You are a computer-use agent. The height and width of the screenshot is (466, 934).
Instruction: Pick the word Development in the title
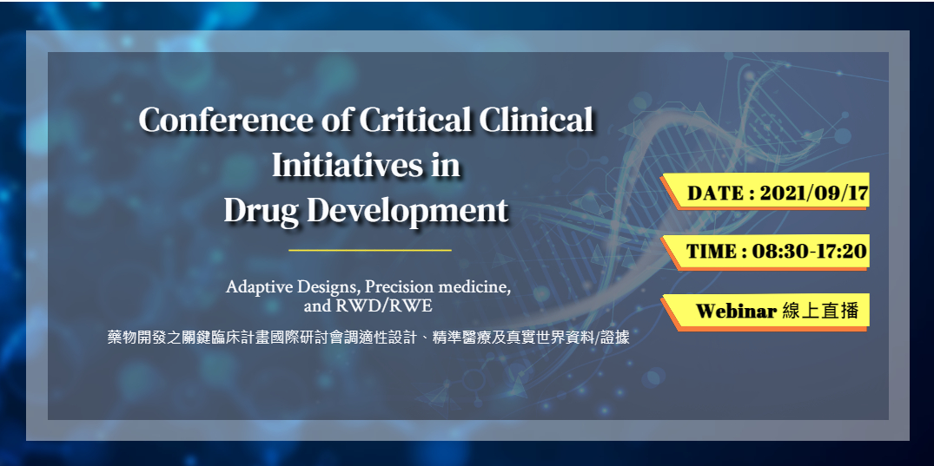[x=410, y=211]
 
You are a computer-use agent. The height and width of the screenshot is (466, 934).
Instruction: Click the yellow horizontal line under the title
[x=370, y=251]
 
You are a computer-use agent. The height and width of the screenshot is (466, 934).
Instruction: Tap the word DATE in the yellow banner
[x=715, y=194]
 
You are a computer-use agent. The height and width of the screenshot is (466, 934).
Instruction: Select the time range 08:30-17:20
[x=809, y=251]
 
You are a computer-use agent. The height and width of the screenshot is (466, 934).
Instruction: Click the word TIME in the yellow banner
[x=712, y=251]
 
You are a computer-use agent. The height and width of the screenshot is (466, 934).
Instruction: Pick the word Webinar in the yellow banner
[x=736, y=311]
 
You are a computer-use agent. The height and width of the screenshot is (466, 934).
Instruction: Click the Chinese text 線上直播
[x=820, y=311]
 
